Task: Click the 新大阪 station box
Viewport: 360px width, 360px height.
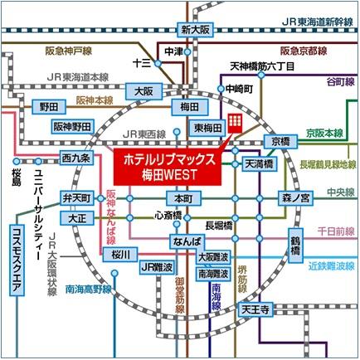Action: coord(195,30)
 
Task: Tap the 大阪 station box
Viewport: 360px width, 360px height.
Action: coord(144,91)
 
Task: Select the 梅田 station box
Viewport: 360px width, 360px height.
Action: coord(190,107)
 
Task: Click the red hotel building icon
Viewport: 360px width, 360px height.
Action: coord(235,124)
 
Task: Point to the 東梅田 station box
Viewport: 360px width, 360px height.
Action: coord(208,128)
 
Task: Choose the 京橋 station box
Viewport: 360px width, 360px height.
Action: coord(280,142)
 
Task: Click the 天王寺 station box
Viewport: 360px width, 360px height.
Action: coord(255,309)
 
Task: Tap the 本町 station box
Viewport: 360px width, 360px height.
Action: coord(183,198)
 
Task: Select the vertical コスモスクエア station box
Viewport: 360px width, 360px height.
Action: coord(17,260)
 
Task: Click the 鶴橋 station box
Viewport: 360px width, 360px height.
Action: coord(295,246)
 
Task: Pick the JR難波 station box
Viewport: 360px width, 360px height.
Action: coord(157,267)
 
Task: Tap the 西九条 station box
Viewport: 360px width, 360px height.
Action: coord(76,158)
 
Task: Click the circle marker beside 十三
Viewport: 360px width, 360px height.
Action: coord(158,64)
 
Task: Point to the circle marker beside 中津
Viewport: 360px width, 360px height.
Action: coord(187,51)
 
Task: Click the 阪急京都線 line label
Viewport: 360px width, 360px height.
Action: coord(304,51)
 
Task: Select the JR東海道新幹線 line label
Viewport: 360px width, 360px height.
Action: coord(318,22)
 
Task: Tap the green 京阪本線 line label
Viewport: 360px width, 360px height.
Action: coord(324,134)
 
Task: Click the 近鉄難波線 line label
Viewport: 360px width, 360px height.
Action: coord(331,266)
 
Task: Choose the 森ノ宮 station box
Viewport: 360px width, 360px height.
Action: coord(295,198)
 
